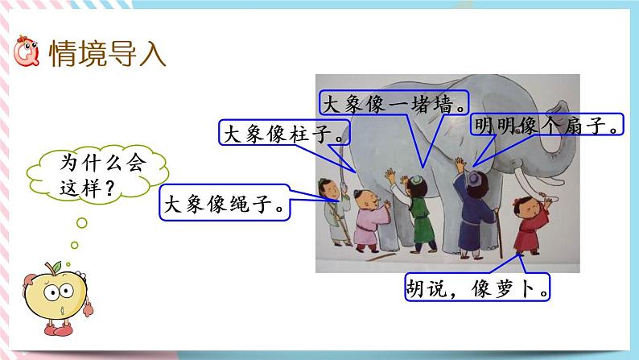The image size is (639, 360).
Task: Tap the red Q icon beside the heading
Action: click(x=27, y=54)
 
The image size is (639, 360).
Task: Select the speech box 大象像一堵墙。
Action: click(x=394, y=104)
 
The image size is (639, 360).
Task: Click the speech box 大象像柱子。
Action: click(x=285, y=133)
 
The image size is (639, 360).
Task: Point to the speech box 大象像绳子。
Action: click(x=228, y=204)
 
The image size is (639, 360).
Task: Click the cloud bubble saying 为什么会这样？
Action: click(x=86, y=175)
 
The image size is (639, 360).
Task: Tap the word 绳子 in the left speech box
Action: click(x=257, y=204)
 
